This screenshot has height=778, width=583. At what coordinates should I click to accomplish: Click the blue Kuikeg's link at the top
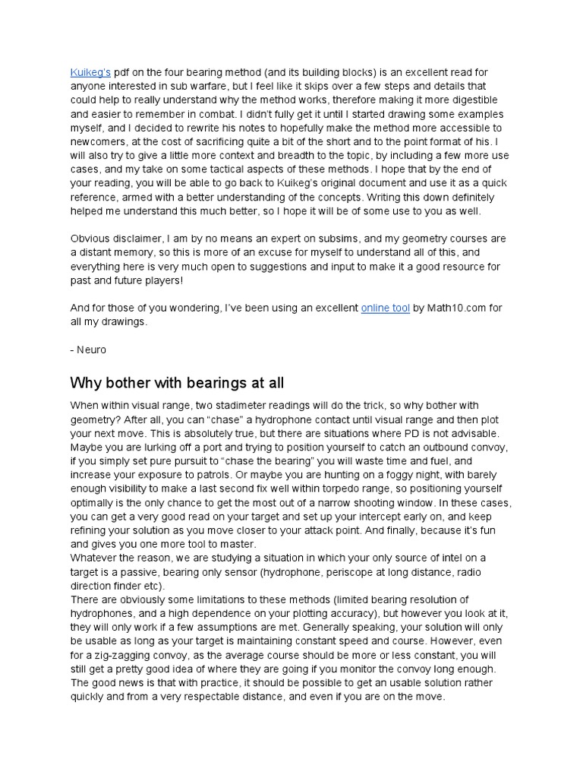coord(90,72)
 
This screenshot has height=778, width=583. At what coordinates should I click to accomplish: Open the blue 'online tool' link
coord(386,308)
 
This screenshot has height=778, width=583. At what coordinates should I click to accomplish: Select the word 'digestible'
coord(466,100)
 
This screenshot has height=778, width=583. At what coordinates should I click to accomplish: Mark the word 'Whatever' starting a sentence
coord(95,544)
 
